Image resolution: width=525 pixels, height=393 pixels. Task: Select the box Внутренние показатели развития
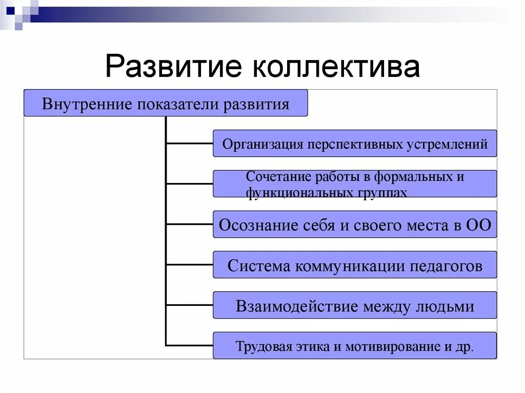(166, 104)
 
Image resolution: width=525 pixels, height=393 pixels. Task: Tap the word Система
(258, 265)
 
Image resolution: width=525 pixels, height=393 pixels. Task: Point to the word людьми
(445, 306)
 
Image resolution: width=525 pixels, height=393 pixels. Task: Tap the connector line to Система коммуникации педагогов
(190, 265)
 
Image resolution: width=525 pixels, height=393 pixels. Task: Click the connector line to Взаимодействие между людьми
(190, 305)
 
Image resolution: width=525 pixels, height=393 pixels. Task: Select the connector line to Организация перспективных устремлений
(190, 143)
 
